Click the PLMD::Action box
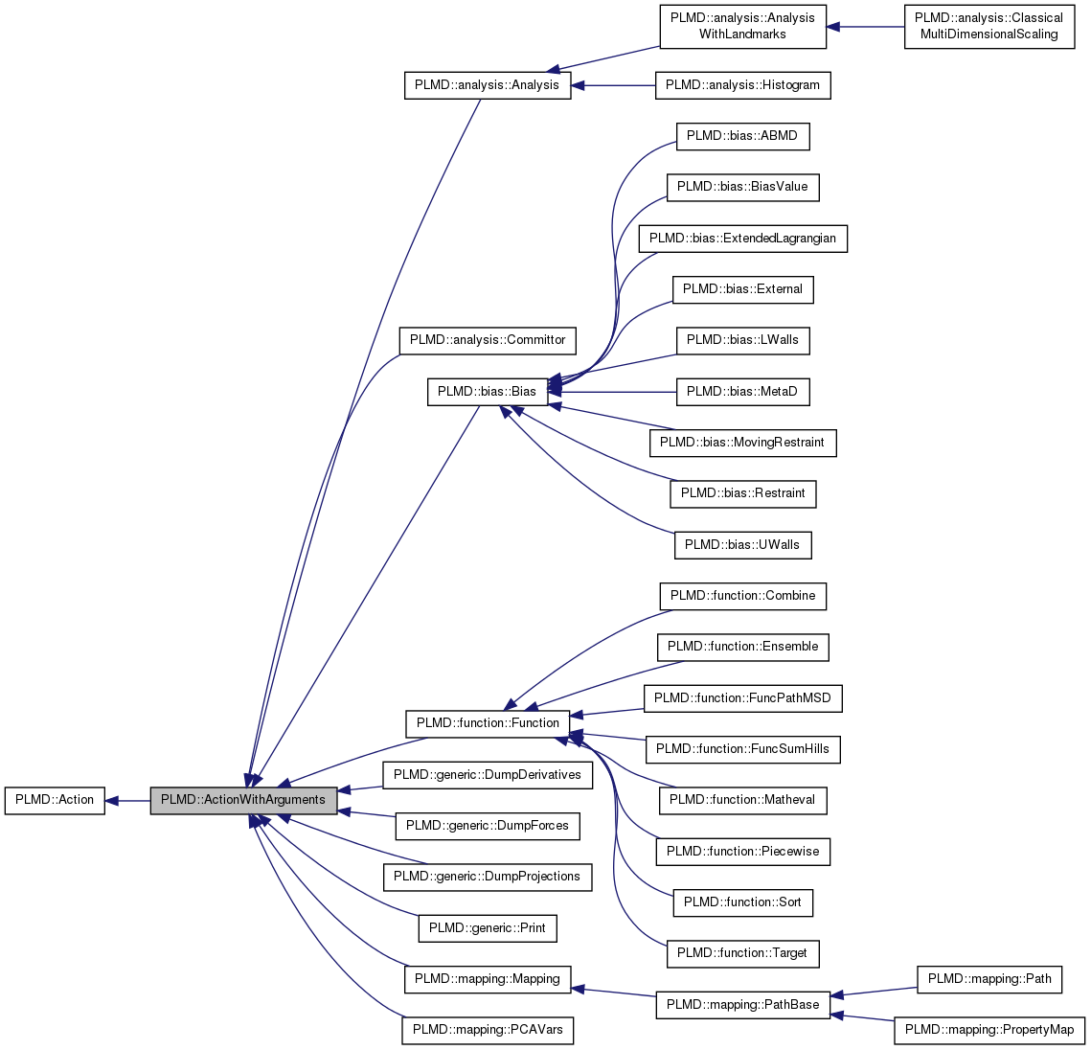click(x=55, y=800)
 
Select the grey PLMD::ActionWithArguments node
click(x=243, y=800)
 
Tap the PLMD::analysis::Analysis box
click(x=488, y=84)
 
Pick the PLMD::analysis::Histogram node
click(x=742, y=84)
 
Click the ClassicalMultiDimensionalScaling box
click(x=989, y=26)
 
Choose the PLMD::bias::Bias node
click(x=487, y=391)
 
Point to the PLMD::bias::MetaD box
click(x=742, y=391)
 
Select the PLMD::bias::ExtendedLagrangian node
click(x=742, y=238)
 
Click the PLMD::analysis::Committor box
click(x=488, y=339)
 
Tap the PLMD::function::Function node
click(x=488, y=722)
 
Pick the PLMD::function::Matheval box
click(x=742, y=799)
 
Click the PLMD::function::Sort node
click(x=742, y=902)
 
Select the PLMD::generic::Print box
click(x=488, y=927)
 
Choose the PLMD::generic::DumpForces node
click(x=488, y=825)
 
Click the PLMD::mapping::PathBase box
click(x=742, y=1004)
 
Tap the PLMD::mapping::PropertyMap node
click(x=989, y=1030)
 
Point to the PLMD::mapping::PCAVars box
click(x=488, y=1030)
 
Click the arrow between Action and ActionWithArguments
click(x=127, y=800)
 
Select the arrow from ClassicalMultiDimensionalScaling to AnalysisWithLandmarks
click(x=866, y=27)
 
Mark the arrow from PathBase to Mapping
click(x=613, y=992)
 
